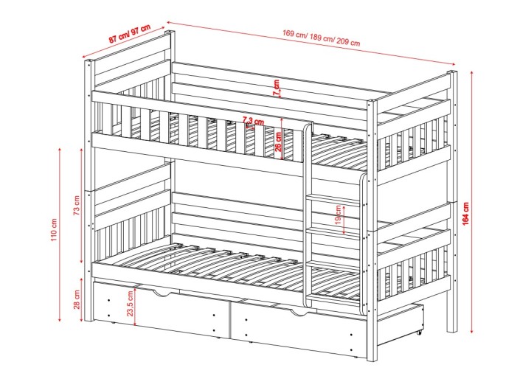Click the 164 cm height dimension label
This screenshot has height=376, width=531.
[465, 214]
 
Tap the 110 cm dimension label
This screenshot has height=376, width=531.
[54, 230]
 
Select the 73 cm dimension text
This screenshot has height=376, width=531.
[77, 205]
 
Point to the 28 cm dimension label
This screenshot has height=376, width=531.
[77, 299]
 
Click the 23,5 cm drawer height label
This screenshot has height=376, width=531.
[131, 304]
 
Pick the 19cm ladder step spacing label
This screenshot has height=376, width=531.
[338, 215]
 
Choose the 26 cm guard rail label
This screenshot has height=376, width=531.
[278, 141]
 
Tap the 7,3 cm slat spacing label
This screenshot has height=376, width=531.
[253, 120]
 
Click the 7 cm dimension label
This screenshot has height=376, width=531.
[277, 87]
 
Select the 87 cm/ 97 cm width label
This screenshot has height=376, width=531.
[129, 34]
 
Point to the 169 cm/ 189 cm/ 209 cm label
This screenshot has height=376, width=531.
[322, 38]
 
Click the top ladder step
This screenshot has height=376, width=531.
[333, 199]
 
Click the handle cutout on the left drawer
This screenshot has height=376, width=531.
[165, 293]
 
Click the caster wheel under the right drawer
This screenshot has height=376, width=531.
[419, 333]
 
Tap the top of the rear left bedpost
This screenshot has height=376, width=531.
[170, 32]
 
